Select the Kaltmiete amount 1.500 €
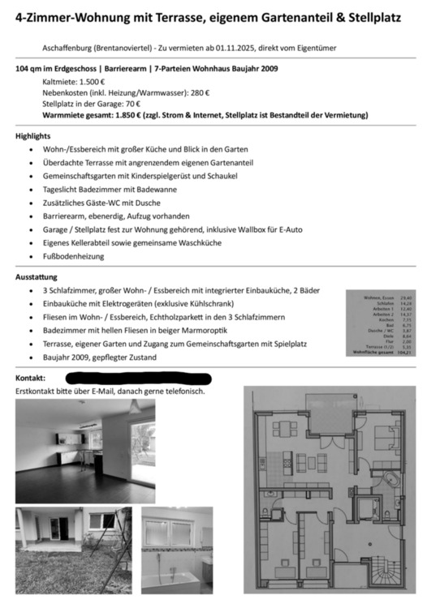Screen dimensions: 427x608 coord(92,83)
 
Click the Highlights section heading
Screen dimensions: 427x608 coord(33,136)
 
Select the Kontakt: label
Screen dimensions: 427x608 coord(31,379)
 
